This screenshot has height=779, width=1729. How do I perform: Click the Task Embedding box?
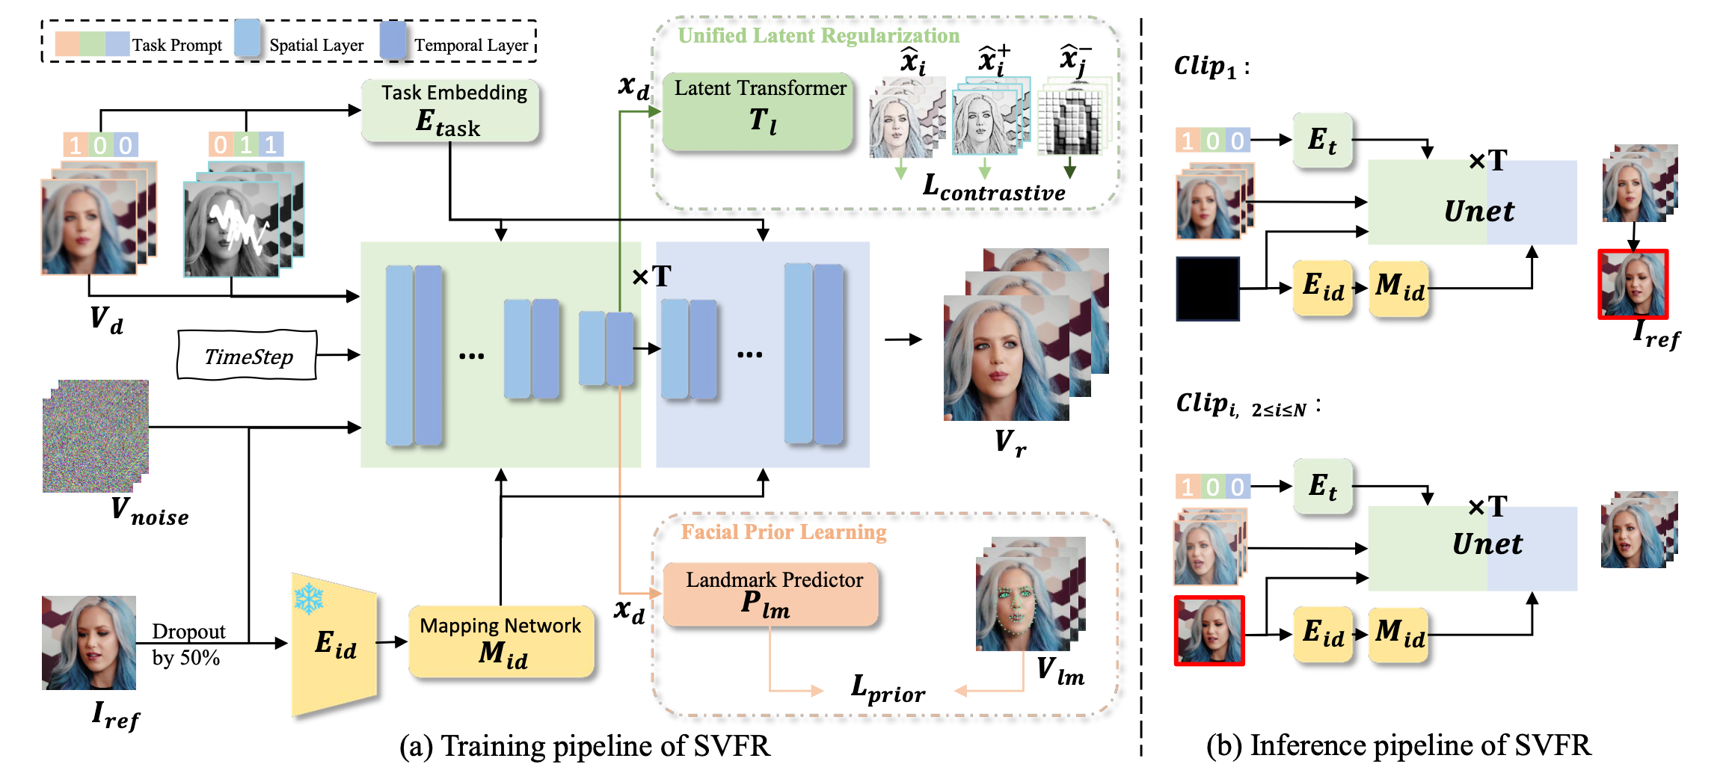pyautogui.click(x=450, y=111)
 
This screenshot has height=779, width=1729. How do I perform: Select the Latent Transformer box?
pyautogui.click(x=758, y=111)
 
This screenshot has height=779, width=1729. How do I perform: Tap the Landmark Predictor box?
pyautogui.click(x=771, y=594)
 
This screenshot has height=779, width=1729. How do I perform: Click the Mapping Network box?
pyautogui.click(x=501, y=641)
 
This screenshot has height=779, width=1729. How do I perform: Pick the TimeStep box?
pyautogui.click(x=248, y=356)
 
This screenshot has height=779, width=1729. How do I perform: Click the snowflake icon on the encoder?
pyautogui.click(x=308, y=599)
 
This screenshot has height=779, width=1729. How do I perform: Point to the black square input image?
pyautogui.click(x=1207, y=289)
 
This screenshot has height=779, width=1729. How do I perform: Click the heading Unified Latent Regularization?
pyautogui.click(x=818, y=36)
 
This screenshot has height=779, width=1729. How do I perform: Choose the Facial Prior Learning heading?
pyautogui.click(x=783, y=532)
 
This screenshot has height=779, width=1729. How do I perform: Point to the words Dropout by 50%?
pyautogui.click(x=187, y=644)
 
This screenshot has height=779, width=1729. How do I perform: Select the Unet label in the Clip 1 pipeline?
pyautogui.click(x=1478, y=211)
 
